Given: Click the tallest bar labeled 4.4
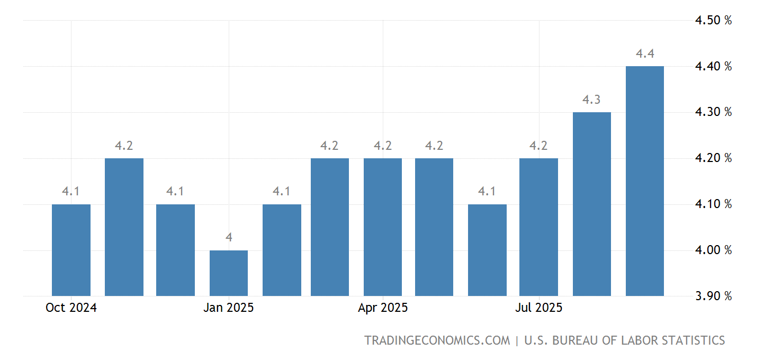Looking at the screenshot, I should click(x=644, y=181).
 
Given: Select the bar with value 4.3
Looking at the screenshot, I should click(x=592, y=204).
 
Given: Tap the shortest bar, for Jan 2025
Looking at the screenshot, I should click(x=229, y=273).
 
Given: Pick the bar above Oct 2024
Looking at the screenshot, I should click(x=71, y=250).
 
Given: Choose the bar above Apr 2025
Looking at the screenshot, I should click(x=383, y=227).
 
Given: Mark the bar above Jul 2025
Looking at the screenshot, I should click(x=538, y=227).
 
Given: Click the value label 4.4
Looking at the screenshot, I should click(x=645, y=53).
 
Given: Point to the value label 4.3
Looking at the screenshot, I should click(x=591, y=100).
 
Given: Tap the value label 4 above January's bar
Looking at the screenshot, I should click(x=229, y=238).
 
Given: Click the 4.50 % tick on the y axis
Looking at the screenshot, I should click(x=713, y=21).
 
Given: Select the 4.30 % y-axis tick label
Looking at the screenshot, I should click(x=713, y=112).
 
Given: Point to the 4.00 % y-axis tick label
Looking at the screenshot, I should click(x=713, y=250).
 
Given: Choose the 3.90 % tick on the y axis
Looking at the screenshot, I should click(x=713, y=296).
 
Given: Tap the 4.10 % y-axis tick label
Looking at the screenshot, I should click(x=713, y=204).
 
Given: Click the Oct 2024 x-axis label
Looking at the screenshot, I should click(x=71, y=308).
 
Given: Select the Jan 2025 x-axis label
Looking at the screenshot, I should click(x=229, y=308).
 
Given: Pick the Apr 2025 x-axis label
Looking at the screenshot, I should click(x=383, y=308).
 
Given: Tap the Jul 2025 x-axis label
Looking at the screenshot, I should click(x=538, y=308).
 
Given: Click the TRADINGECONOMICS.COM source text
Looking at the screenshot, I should click(x=437, y=340).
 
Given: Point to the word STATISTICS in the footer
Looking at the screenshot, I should click(x=690, y=340).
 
